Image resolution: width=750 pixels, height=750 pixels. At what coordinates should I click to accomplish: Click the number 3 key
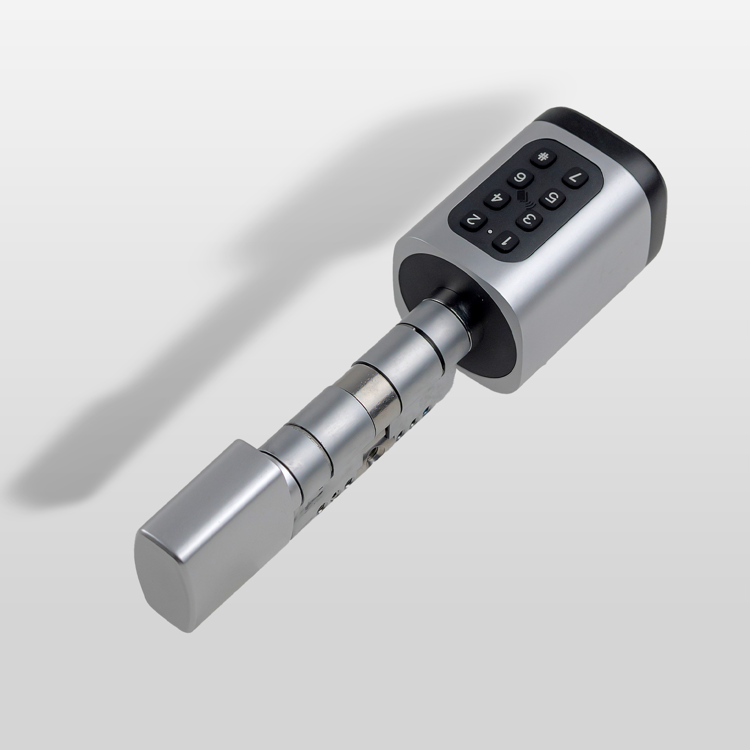click(528, 221)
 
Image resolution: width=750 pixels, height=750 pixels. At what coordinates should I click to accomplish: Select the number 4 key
click(496, 201)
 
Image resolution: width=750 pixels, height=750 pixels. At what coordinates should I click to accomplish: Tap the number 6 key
click(520, 179)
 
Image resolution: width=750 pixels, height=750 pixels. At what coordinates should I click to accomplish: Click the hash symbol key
click(541, 158)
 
